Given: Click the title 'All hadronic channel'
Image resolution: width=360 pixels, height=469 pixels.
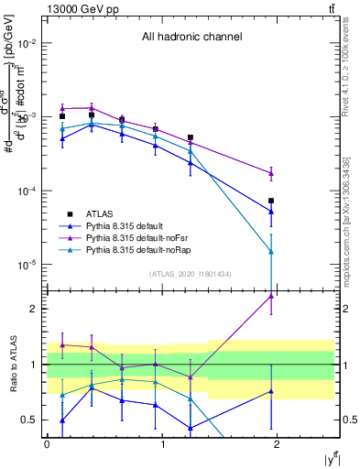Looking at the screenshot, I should click(191, 37).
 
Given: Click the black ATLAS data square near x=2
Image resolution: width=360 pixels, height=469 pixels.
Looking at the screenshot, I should click(271, 201).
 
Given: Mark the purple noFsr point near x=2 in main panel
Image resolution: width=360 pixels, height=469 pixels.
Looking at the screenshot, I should click(271, 173).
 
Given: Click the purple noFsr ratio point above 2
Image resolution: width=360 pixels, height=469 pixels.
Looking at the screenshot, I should click(271, 296).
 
